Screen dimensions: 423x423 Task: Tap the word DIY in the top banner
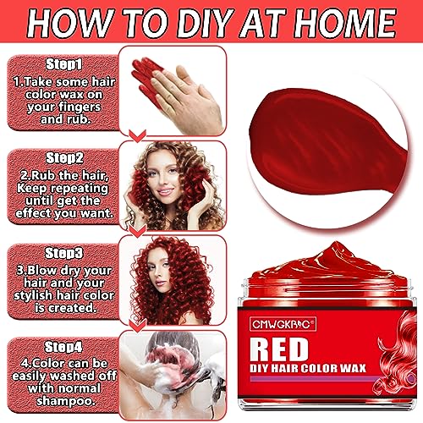[201, 23]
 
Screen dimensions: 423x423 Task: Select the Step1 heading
[64, 64]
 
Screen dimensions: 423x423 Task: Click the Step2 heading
[64, 157]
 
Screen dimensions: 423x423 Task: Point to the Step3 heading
[64, 253]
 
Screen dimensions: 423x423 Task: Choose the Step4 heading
[63, 347]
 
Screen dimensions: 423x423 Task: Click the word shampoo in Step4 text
[65, 401]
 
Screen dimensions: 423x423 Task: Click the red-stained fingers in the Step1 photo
[147, 79]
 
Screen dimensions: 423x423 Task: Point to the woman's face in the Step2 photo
[164, 177]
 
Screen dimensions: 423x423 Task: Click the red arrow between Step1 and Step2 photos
[137, 136]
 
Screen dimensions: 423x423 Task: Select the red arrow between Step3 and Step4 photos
[137, 326]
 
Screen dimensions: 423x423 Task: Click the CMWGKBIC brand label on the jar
[283, 324]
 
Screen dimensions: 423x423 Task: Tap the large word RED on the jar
[279, 349]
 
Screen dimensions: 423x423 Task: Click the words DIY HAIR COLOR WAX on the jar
[308, 368]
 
